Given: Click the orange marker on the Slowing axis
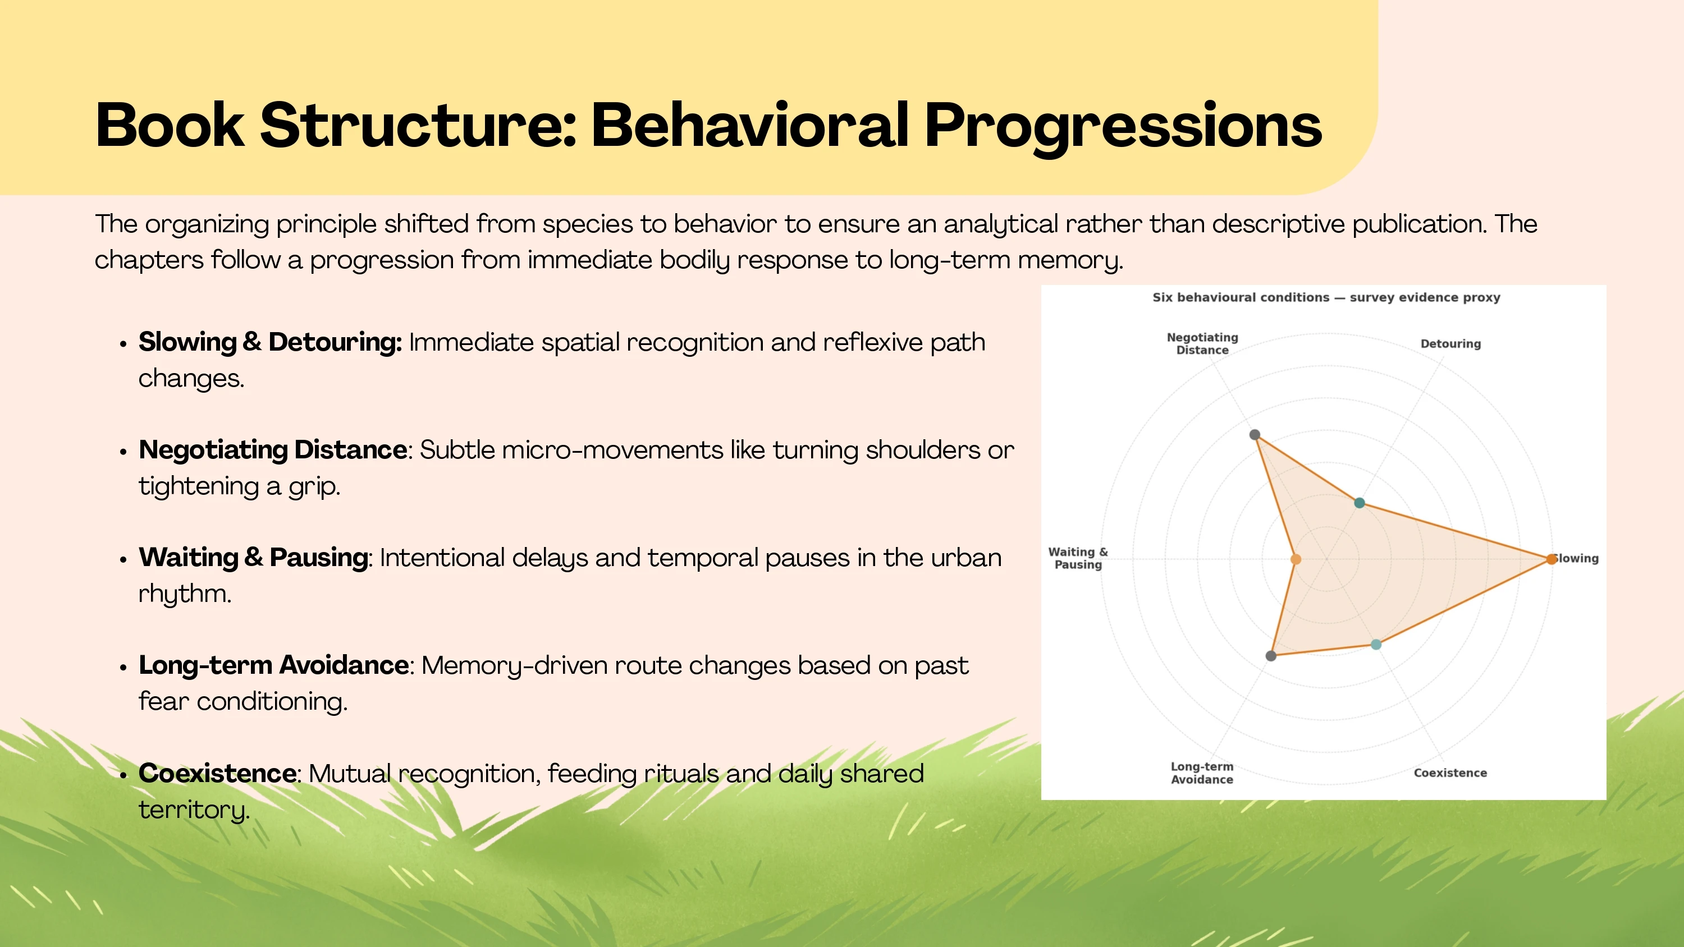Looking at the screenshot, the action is (1552, 559).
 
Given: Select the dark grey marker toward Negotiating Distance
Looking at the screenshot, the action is (1255, 435).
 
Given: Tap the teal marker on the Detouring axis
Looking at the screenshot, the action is (1360, 503).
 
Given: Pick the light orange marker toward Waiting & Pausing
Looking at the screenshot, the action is (1296, 559).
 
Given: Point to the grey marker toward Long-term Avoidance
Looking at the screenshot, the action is (1271, 655).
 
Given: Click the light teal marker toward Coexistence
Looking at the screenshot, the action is (1376, 645).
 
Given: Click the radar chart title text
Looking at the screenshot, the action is (1326, 297).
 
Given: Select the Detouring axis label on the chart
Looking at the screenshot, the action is (1450, 344).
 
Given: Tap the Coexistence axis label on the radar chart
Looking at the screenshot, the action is (1450, 773).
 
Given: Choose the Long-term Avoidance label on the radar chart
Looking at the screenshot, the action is (1202, 773).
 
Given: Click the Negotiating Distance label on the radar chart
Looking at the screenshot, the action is (1202, 344).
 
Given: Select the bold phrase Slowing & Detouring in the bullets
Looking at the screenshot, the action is (270, 342).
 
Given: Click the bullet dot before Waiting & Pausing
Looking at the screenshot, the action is (123, 559).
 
